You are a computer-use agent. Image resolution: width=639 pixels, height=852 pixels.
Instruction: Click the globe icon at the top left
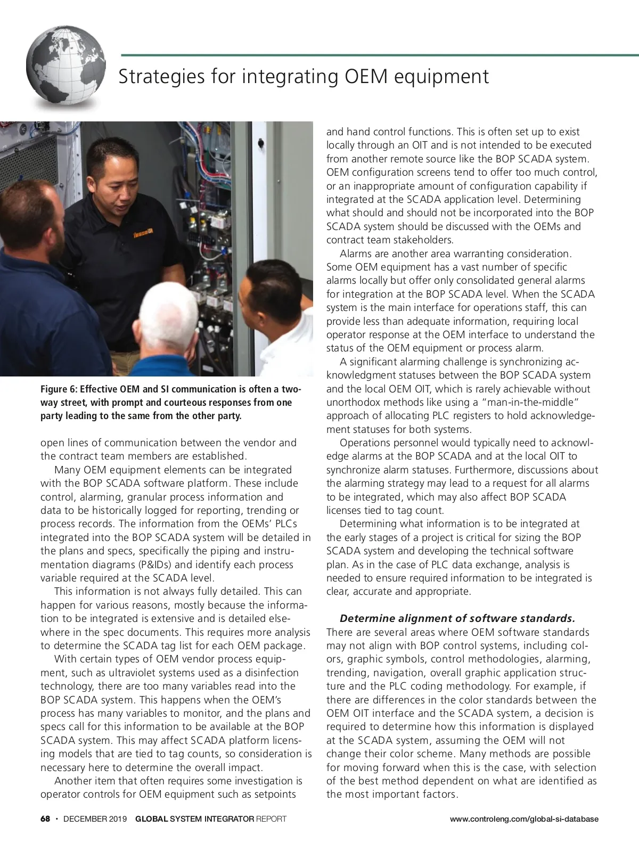[65, 68]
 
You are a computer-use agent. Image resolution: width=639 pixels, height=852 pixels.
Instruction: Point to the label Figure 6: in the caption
[59, 389]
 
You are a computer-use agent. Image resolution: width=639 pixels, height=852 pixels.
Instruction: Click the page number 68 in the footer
[45, 819]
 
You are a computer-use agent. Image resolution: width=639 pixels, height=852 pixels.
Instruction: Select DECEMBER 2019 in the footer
[95, 819]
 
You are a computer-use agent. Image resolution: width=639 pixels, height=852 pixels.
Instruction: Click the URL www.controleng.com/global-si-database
[524, 819]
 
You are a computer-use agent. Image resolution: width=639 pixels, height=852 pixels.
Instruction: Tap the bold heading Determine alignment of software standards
[457, 619]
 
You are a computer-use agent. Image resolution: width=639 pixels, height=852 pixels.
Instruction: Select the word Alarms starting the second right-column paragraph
[356, 253]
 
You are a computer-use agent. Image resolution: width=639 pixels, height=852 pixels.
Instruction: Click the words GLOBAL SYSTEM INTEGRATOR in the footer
[194, 819]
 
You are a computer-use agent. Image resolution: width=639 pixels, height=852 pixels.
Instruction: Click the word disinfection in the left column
[272, 673]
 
